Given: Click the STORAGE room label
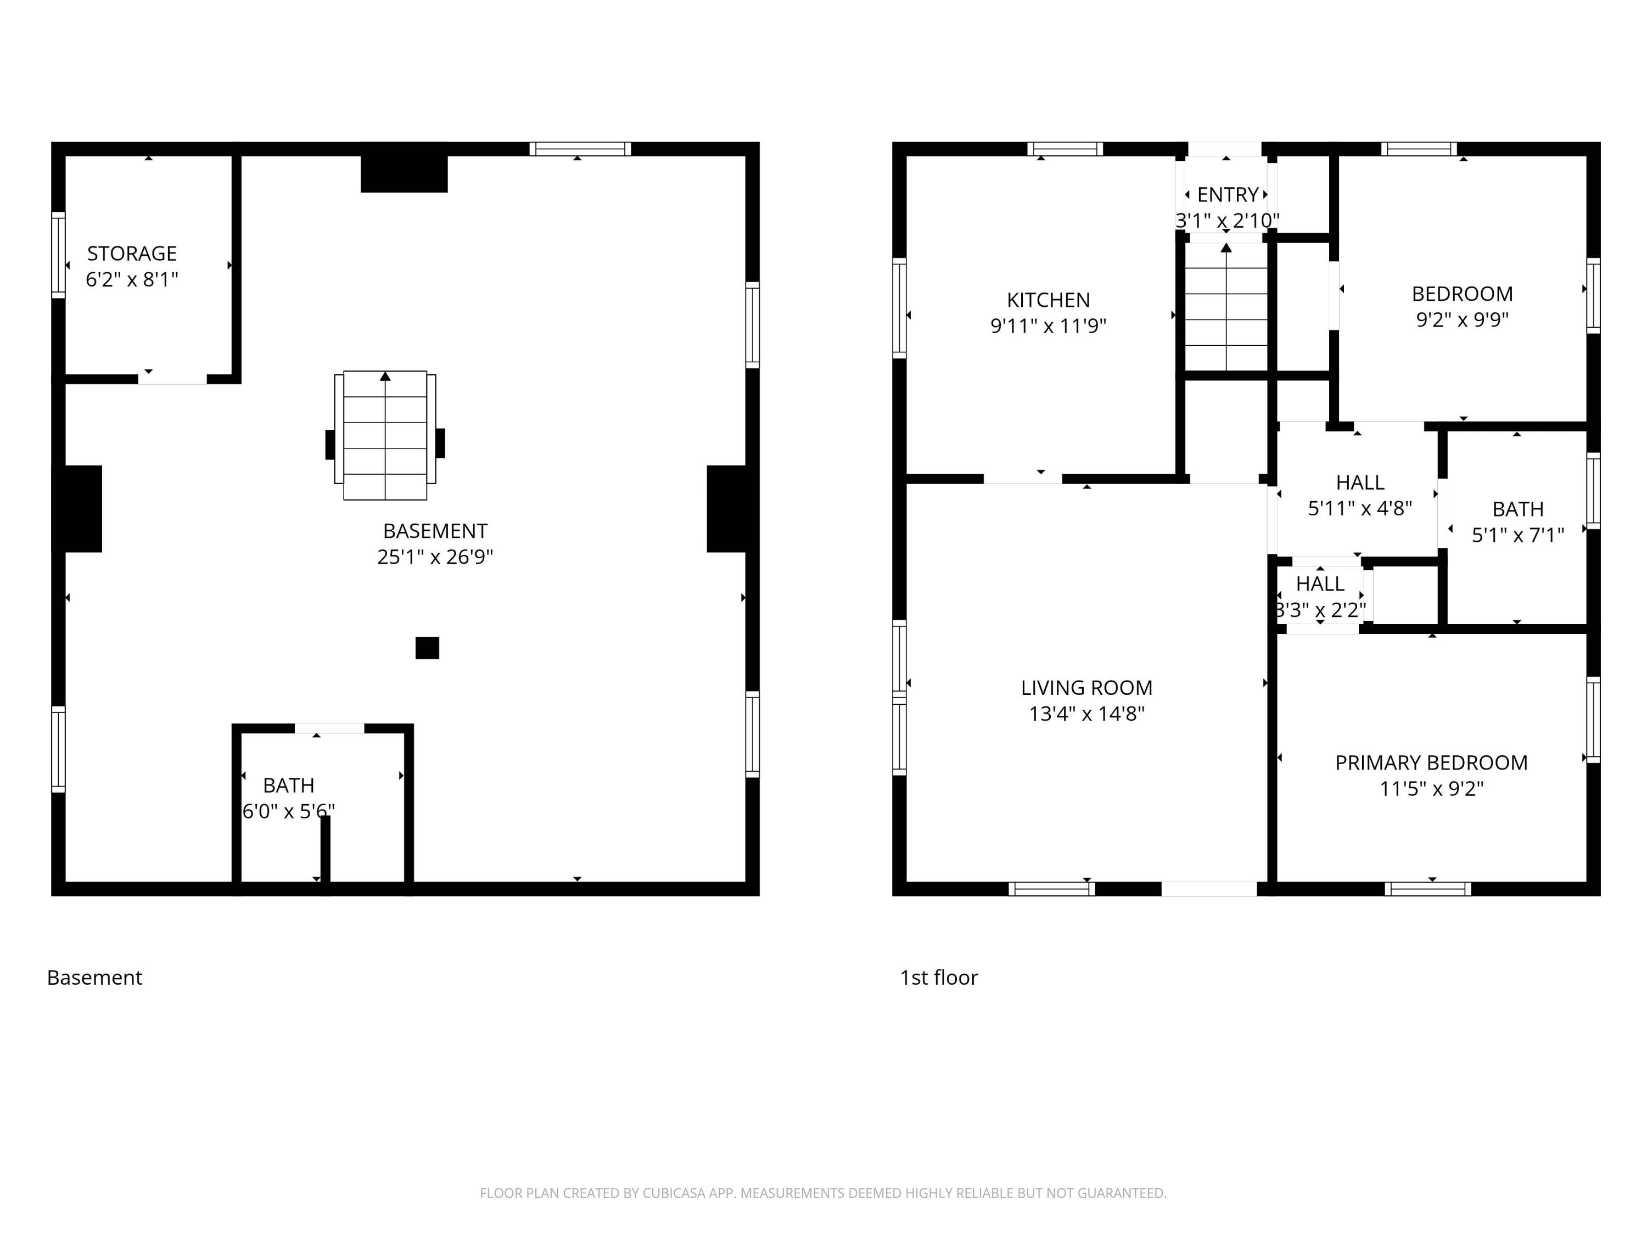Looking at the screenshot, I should pos(132,254).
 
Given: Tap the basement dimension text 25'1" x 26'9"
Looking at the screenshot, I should pos(435,557).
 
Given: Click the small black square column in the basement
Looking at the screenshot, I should pos(427,648).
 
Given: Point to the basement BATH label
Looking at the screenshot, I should pos(289,785).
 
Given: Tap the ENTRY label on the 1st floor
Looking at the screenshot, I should pos(1227,195).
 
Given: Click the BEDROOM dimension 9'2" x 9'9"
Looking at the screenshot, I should pos(1463,319).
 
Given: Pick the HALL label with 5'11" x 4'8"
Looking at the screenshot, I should pos(1359,483).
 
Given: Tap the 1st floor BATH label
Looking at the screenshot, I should pos(1517,509).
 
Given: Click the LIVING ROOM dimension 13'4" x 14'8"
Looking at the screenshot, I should pos(1086,714).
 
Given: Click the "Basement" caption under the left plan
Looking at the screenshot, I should pos(94,978).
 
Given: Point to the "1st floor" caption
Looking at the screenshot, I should pos(939,978).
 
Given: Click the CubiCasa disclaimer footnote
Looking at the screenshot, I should pos(823,1193).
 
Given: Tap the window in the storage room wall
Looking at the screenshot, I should pos(58,255).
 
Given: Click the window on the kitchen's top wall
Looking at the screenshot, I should pos(1065,149).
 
